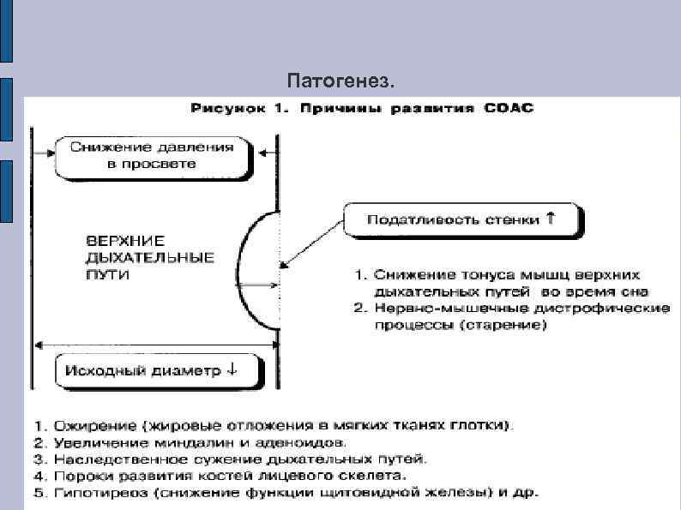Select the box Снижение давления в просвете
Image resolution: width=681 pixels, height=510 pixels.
pyautogui.click(x=152, y=154)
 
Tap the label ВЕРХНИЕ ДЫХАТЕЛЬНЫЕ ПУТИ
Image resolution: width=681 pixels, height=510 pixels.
pyautogui.click(x=148, y=255)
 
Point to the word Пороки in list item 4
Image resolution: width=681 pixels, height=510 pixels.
pyautogui.click(x=80, y=476)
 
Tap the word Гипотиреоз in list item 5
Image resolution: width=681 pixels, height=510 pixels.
pyautogui.click(x=94, y=493)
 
